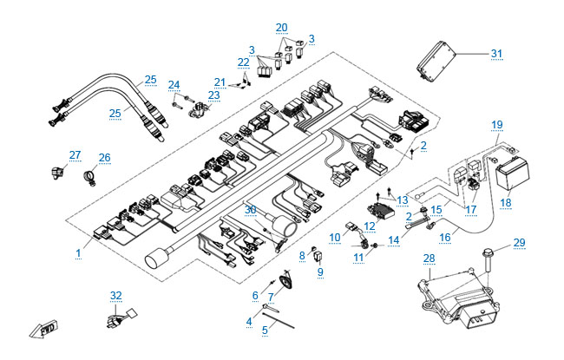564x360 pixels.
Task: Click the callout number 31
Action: (496, 54)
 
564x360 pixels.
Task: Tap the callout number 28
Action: (428, 259)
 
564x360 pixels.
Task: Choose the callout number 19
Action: (496, 125)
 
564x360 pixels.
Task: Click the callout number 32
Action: (115, 295)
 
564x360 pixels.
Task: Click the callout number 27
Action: (75, 155)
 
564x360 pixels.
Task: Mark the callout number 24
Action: (174, 84)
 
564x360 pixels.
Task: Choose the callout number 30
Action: (251, 209)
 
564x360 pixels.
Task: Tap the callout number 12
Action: (369, 226)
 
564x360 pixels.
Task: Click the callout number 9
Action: (320, 272)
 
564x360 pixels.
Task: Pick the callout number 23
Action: (213, 95)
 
